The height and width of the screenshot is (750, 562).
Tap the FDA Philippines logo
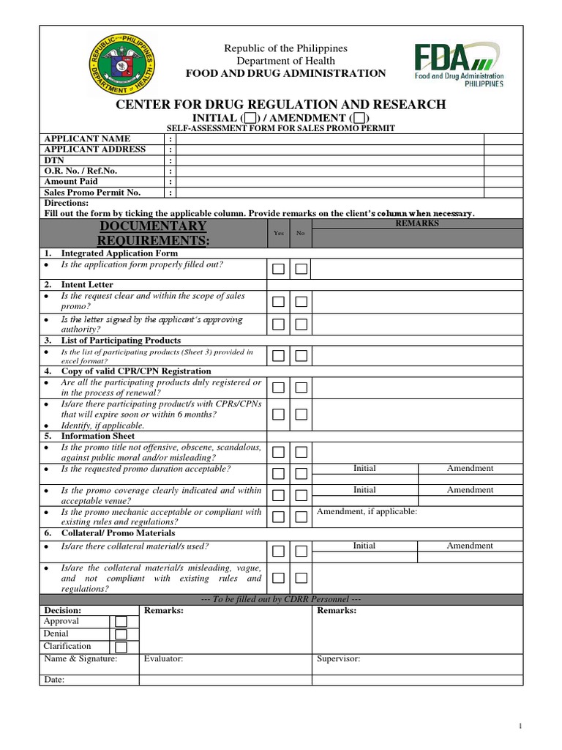(x=460, y=64)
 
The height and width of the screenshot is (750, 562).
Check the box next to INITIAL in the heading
(x=250, y=118)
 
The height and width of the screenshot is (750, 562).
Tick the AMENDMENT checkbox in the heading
(x=359, y=118)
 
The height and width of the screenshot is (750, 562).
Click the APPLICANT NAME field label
(x=87, y=138)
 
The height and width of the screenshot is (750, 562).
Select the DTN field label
(x=55, y=160)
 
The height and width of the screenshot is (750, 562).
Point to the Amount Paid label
(x=71, y=182)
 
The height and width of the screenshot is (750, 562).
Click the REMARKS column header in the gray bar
(x=417, y=223)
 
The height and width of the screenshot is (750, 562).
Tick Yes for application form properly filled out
(x=279, y=269)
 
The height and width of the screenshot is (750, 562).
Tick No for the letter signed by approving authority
(x=301, y=324)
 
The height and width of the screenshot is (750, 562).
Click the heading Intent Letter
(x=87, y=284)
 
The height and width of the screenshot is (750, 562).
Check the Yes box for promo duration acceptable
(x=279, y=474)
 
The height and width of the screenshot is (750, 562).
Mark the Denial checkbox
(x=121, y=635)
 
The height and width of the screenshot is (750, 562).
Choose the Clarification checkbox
(x=121, y=647)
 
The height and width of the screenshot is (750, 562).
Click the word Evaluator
(x=163, y=659)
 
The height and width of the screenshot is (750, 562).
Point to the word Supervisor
(x=338, y=659)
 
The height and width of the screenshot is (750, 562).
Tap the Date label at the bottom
(x=54, y=680)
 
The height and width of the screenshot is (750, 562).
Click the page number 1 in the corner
(x=520, y=726)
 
